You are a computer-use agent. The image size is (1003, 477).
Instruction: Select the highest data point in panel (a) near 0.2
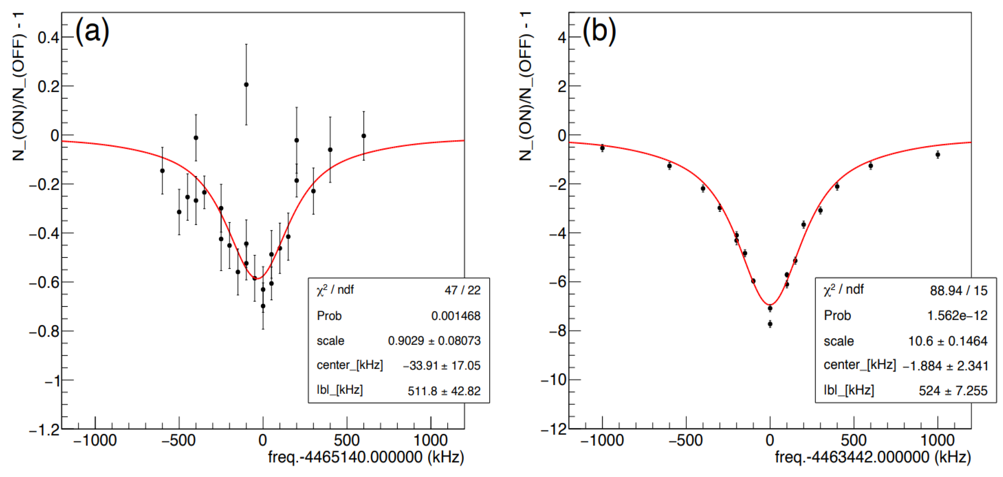coord(246,85)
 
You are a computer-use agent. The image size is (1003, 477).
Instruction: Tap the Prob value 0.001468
coord(456,316)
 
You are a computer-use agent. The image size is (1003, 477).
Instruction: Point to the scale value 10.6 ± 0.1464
coord(947,341)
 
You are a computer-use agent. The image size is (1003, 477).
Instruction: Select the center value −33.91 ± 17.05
coord(442,366)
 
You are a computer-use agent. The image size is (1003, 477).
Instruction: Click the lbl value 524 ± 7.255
coord(953,391)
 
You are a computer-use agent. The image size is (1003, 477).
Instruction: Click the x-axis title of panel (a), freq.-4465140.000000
coord(366,457)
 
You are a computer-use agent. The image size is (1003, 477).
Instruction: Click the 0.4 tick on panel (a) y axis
coord(48,38)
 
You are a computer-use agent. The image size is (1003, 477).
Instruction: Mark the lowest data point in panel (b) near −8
coord(770,324)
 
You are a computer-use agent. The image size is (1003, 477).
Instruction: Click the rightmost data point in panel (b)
coord(938,155)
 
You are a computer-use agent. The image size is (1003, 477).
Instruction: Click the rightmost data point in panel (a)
coord(364,136)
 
